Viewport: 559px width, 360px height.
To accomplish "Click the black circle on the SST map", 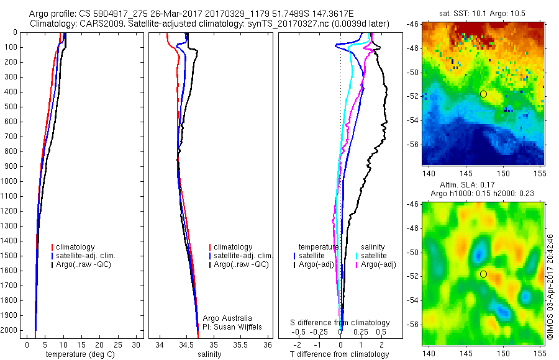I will tap(483, 94).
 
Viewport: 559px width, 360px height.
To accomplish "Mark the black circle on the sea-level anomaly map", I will tap(483, 274).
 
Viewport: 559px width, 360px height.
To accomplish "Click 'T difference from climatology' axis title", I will tap(340, 354).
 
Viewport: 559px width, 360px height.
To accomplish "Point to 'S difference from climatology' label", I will tap(340, 323).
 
